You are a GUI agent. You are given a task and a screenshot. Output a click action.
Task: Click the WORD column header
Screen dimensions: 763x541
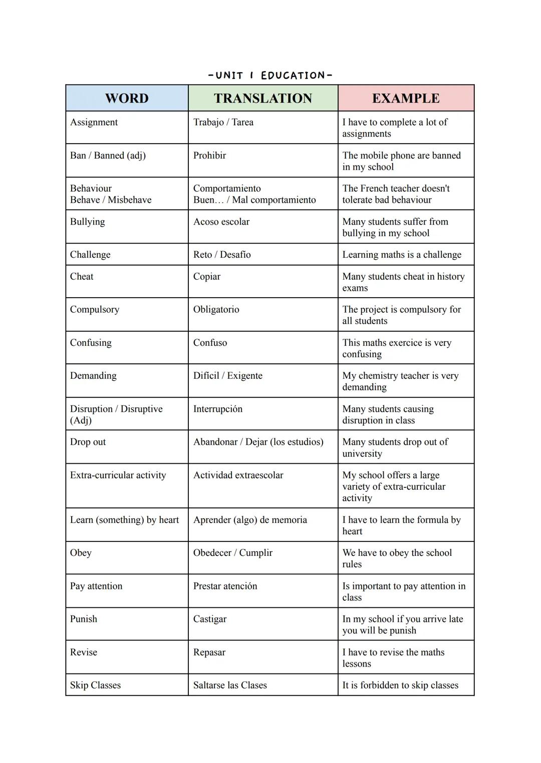pyautogui.click(x=127, y=98)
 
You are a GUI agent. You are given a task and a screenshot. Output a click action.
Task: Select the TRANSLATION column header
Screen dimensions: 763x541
pyautogui.click(x=263, y=98)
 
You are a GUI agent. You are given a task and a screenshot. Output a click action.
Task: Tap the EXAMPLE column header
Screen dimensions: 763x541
pyautogui.click(x=406, y=98)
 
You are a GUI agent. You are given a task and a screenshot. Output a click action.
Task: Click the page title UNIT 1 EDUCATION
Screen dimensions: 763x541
pyautogui.click(x=270, y=76)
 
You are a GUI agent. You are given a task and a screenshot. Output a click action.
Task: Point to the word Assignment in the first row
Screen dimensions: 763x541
pyautogui.click(x=94, y=122)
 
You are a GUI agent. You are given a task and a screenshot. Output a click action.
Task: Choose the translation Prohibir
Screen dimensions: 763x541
pyautogui.click(x=209, y=155)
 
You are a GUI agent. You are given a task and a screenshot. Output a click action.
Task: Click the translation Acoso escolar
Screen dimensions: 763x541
pyautogui.click(x=221, y=222)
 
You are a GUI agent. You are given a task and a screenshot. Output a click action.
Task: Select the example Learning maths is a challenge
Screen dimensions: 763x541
pyautogui.click(x=402, y=255)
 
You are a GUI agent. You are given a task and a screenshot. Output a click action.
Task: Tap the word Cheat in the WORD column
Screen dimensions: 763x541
pyautogui.click(x=82, y=276)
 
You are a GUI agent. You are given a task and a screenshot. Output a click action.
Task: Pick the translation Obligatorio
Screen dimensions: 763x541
pyautogui.click(x=216, y=309)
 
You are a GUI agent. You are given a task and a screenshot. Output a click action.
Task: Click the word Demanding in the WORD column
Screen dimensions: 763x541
pyautogui.click(x=93, y=376)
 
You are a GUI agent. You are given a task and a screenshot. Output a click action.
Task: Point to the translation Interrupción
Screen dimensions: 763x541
pyautogui.click(x=218, y=409)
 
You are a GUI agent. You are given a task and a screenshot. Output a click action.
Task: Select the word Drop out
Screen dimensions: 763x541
pyautogui.click(x=88, y=442)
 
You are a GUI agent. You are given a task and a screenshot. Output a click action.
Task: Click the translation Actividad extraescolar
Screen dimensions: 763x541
pyautogui.click(x=238, y=475)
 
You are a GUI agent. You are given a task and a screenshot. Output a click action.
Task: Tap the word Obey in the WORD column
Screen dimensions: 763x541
pyautogui.click(x=81, y=552)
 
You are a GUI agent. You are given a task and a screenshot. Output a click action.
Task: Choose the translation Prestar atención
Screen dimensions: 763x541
pyautogui.click(x=225, y=586)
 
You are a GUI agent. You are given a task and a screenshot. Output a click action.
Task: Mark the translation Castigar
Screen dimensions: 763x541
pyautogui.click(x=210, y=619)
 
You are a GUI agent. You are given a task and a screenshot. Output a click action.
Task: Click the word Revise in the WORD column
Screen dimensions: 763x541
pyautogui.click(x=84, y=652)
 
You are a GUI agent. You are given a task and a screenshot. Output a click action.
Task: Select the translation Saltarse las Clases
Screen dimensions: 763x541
pyautogui.click(x=230, y=685)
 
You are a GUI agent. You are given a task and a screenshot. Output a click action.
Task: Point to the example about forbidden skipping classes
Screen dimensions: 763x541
pyautogui.click(x=400, y=685)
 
